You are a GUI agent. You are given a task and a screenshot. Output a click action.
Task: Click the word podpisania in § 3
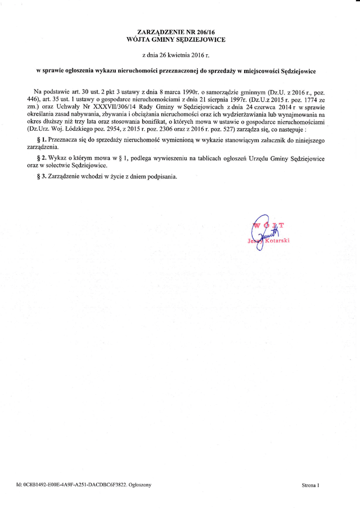162,176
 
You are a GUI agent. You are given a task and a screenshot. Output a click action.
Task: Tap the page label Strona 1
310,485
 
